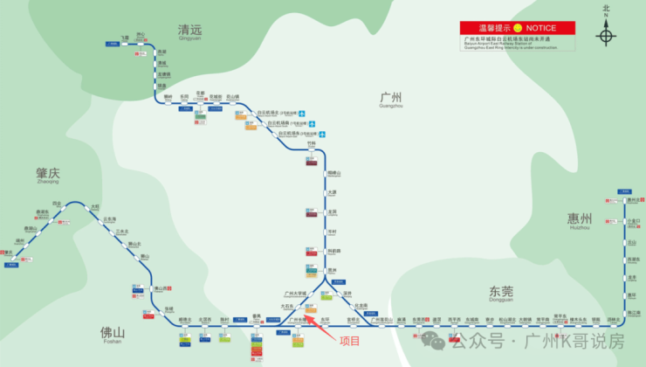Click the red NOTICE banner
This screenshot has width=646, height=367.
tap(519, 28)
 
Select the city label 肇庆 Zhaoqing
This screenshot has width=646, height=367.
tap(47, 175)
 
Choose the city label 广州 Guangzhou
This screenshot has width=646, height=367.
tap(392, 98)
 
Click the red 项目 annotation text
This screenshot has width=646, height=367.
tap(350, 339)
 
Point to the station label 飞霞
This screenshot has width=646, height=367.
tap(125, 38)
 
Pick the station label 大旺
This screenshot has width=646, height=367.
tap(95, 206)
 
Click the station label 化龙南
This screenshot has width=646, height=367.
tap(360, 305)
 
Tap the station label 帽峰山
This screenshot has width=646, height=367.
tap(333, 173)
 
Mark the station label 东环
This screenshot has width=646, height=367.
tap(325, 321)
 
